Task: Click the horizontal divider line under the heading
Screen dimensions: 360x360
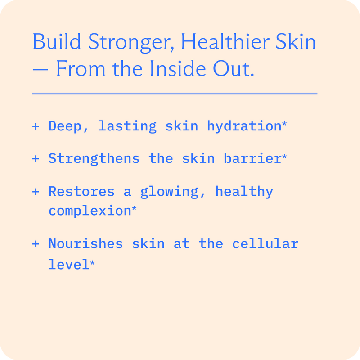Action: coord(175,94)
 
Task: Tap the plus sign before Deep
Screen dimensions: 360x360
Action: coord(36,126)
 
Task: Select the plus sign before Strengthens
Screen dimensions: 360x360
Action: coord(36,158)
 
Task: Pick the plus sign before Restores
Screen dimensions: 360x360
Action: coord(36,192)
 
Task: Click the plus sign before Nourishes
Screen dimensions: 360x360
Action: coord(36,244)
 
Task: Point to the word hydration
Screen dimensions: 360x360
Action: coord(244,126)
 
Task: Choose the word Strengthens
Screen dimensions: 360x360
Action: coord(94,158)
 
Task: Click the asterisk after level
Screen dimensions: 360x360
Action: coord(92,263)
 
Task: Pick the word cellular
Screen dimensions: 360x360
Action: coord(265,244)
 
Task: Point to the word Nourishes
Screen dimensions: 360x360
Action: coord(85,244)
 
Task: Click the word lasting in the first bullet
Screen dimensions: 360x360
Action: coord(127,126)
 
